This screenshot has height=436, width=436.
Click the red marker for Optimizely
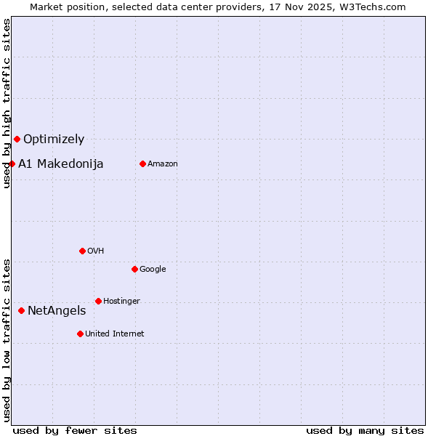17,139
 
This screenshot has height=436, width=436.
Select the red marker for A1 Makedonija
12,163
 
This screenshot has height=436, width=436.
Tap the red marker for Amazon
142,163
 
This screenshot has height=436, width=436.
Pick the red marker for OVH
82,251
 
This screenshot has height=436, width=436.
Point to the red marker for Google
134,269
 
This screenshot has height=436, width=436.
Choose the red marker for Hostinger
98,301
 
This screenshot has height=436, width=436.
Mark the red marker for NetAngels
21,310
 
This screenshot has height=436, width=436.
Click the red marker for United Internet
80,334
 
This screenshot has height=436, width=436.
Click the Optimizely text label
54,140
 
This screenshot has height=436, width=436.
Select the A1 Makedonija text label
61,164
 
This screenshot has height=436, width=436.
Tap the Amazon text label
163,164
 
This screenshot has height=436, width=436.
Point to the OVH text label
96,251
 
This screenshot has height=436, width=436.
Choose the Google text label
153,270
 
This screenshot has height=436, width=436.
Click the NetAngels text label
57,311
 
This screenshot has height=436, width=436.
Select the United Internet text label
115,334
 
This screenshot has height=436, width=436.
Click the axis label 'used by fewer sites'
75,430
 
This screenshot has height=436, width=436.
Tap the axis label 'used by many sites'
365,430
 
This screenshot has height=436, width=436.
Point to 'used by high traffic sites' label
7,104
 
